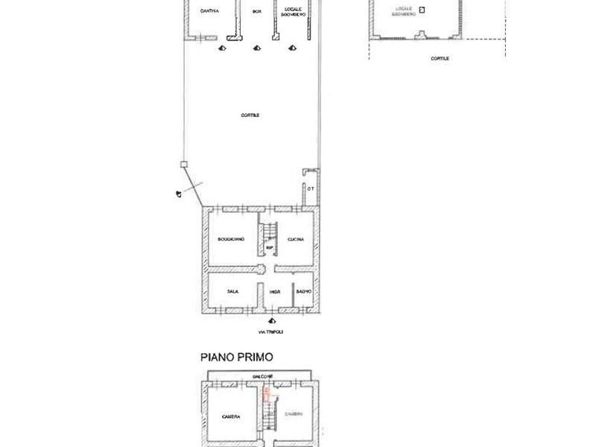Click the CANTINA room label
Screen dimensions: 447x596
[x=209, y=10]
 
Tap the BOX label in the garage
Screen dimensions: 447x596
[x=257, y=11]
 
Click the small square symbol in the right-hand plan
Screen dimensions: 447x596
[x=422, y=10]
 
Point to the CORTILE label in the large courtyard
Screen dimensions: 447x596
[x=250, y=115]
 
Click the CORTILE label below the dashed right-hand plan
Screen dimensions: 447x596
[x=440, y=58]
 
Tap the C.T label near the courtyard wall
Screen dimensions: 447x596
[x=310, y=189]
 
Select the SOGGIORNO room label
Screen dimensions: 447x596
[x=232, y=238]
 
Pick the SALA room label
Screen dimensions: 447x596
[x=232, y=291]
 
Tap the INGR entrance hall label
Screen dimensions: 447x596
[x=274, y=291]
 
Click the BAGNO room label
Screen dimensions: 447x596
[x=303, y=291]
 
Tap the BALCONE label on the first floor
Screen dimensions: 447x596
[x=261, y=375]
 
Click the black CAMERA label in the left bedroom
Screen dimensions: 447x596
[x=230, y=416]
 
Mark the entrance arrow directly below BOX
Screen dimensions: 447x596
[x=257, y=48]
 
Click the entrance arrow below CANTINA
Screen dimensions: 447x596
[x=221, y=48]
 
